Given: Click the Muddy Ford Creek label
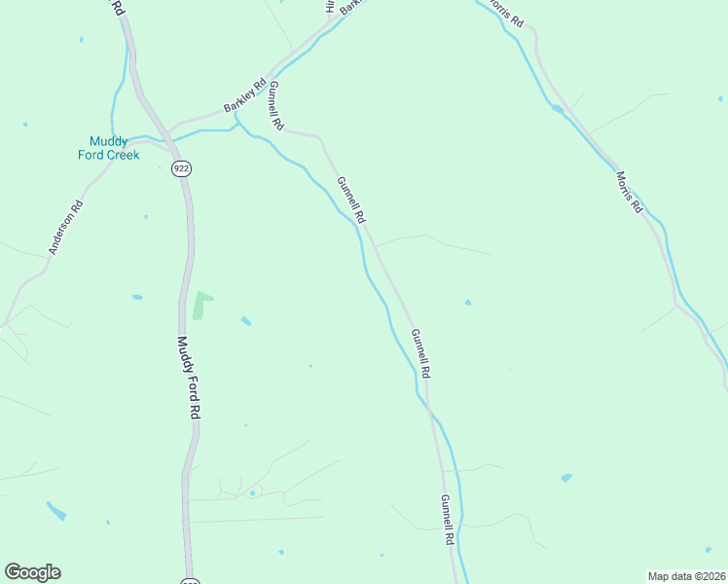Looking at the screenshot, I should click(109, 148).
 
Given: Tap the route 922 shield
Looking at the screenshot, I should click(181, 168).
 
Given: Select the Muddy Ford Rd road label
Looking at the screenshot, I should click(188, 378).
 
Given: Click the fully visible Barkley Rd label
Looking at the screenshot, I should click(244, 94).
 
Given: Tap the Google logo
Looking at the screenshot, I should click(32, 572).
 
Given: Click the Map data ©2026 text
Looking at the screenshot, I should click(685, 575).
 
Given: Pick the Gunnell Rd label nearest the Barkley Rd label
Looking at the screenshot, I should click(276, 106).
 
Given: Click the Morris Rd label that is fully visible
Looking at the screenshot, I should click(630, 192).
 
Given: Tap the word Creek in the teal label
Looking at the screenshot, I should click(123, 155).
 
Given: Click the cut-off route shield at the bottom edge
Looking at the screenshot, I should click(189, 578).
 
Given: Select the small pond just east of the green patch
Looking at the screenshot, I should click(245, 321).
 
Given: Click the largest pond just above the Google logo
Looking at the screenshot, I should click(56, 510).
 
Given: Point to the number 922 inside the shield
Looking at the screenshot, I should click(181, 168).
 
